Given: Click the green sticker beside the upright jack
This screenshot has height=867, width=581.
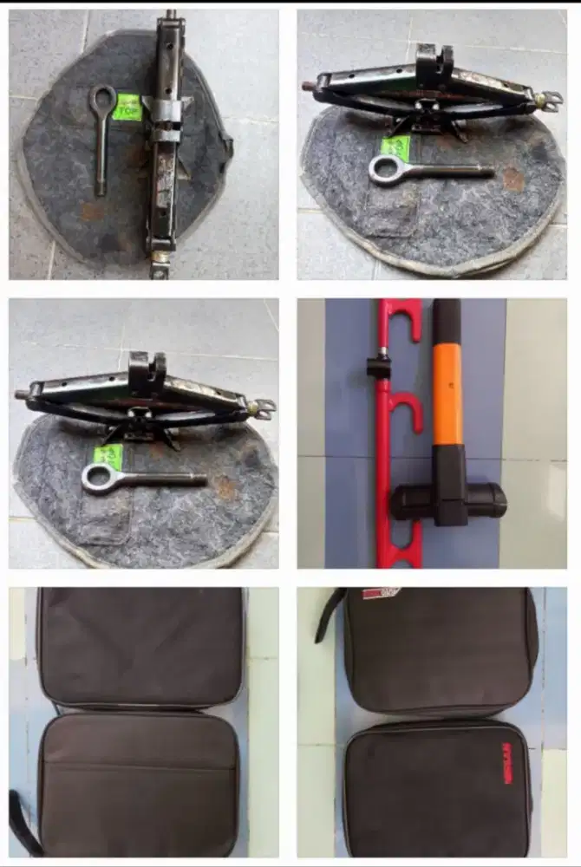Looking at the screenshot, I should point(127,107).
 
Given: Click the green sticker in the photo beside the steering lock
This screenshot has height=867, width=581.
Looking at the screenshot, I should point(108,456).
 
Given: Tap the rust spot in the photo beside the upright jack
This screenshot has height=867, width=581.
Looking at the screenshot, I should point(512,179).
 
